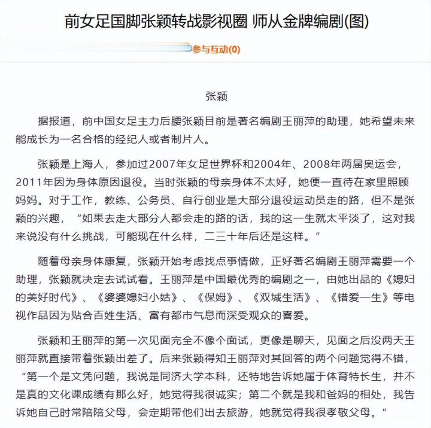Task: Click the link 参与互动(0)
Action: click(216, 50)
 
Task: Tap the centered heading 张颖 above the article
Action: click(216, 96)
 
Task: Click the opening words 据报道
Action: click(54, 121)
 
